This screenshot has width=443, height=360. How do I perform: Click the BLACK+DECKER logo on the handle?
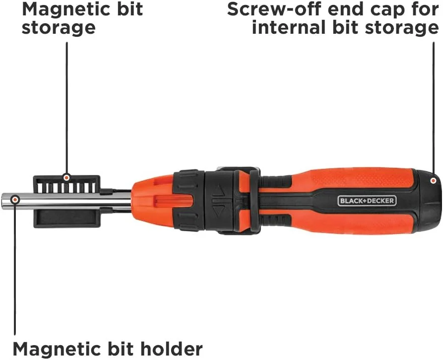(367, 201)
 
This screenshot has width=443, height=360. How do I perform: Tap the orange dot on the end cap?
(433, 180)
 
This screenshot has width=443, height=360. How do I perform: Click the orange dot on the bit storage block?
(66, 178)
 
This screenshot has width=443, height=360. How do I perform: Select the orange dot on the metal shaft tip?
(15, 200)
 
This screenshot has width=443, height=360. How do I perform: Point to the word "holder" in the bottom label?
(172, 349)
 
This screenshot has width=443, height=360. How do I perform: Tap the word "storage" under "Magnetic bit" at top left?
(59, 28)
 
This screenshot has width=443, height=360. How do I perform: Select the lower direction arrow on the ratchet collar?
(218, 211)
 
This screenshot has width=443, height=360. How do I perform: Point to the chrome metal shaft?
(66, 200)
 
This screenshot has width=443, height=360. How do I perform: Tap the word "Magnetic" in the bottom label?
(47, 349)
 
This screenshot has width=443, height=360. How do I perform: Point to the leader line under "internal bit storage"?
(433, 109)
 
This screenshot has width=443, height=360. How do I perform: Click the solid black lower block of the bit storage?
(67, 217)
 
